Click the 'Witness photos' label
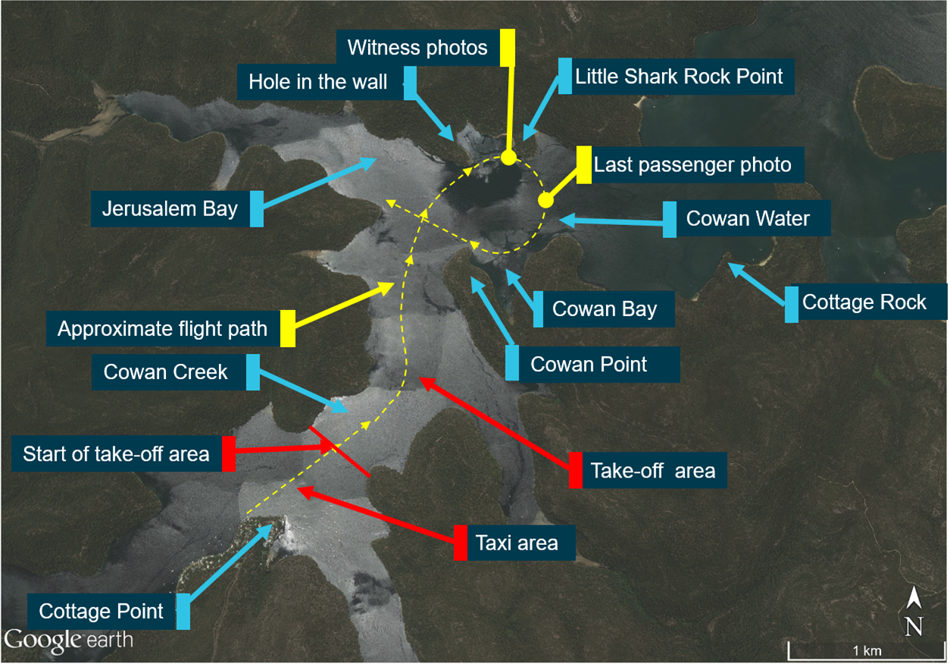[x=417, y=48]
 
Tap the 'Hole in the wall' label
[x=318, y=82]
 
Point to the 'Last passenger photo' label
[x=692, y=164]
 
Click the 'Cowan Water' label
[x=748, y=219]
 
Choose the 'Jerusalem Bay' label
[x=171, y=208]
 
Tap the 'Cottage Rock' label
[x=864, y=302]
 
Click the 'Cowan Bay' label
[x=605, y=309]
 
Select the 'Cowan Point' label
[x=589, y=364]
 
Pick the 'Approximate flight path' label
[x=162, y=329]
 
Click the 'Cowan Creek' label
[x=166, y=372]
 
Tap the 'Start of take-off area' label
[x=116, y=454]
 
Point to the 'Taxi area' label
[x=517, y=543]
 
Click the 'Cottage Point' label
[x=101, y=611]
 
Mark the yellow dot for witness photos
[x=508, y=158]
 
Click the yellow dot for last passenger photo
[x=545, y=201]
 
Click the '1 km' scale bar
[x=865, y=650]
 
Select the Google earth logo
[x=68, y=639]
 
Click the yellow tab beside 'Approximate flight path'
[x=288, y=329]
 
